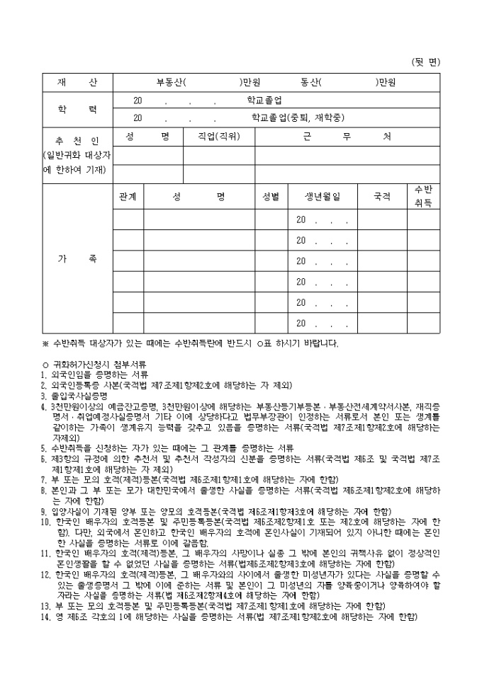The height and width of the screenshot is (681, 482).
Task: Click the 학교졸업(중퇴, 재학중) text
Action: (x=288, y=117)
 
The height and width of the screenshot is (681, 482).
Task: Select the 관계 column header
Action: (x=128, y=196)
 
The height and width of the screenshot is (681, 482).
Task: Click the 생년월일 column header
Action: (x=323, y=196)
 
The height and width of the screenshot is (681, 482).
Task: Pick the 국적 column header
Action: (x=382, y=196)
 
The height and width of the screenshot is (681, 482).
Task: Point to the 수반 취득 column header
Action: (x=423, y=196)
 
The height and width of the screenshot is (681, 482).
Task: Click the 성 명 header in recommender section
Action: (x=147, y=137)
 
